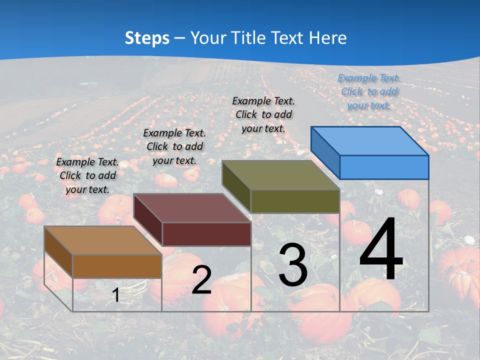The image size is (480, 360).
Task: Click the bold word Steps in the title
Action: coord(147,38)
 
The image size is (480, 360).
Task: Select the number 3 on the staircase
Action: coord(293,265)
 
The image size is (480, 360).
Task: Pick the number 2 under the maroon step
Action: coord(201,280)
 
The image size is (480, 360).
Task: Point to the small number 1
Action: coord(116,295)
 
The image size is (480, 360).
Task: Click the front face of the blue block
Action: coord(384,167)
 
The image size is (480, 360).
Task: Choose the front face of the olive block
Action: coord(295,201)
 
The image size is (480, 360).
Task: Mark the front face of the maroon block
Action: coord(206,234)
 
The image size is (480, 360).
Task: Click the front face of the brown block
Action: coord(117,266)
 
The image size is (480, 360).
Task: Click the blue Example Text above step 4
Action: coord(369,91)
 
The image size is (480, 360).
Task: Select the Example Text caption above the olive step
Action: coord(263,114)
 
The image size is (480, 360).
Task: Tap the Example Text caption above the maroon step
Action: coord(174,146)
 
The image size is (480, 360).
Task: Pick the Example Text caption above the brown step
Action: coord(87,175)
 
